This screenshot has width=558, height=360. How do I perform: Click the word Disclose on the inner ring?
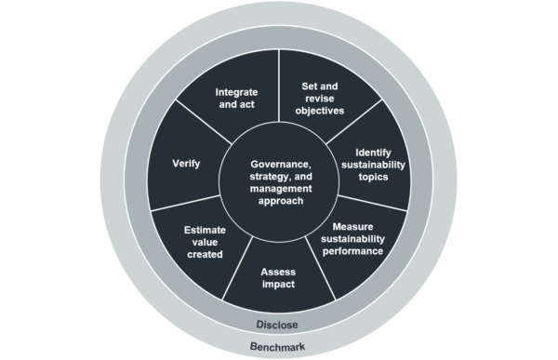[x=278, y=325]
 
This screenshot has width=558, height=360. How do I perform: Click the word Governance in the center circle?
[x=277, y=164]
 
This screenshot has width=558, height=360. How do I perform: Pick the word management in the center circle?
[x=277, y=188]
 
